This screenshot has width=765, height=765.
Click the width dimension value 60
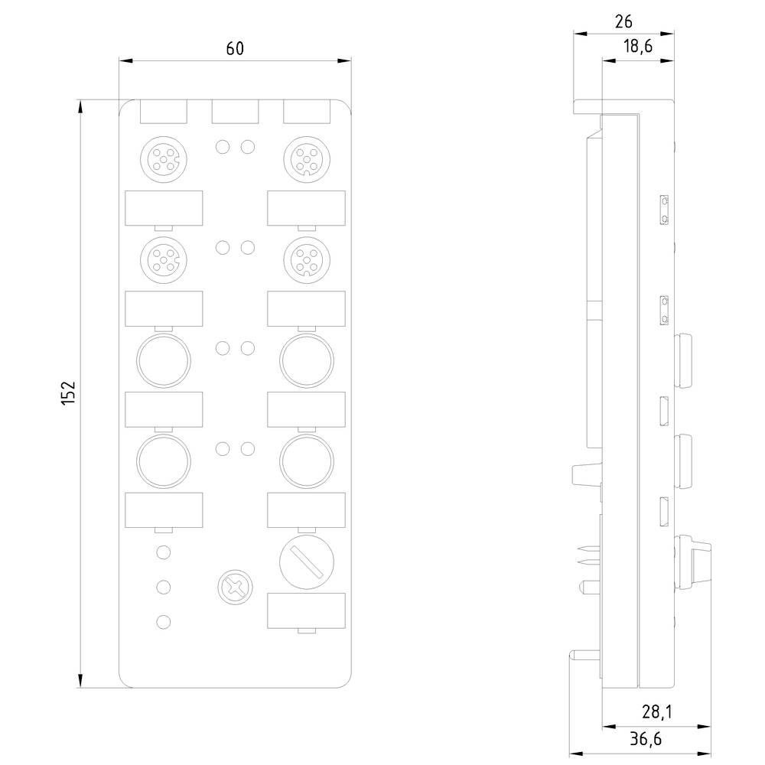click(234, 48)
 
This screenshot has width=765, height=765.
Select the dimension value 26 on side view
click(624, 22)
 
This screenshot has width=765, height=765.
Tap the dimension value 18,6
click(636, 47)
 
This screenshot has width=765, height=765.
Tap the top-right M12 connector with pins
click(307, 158)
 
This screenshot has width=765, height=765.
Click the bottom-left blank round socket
click(162, 459)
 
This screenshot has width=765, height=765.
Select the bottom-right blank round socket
click(307, 459)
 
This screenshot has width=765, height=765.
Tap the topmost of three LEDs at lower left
click(162, 552)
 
